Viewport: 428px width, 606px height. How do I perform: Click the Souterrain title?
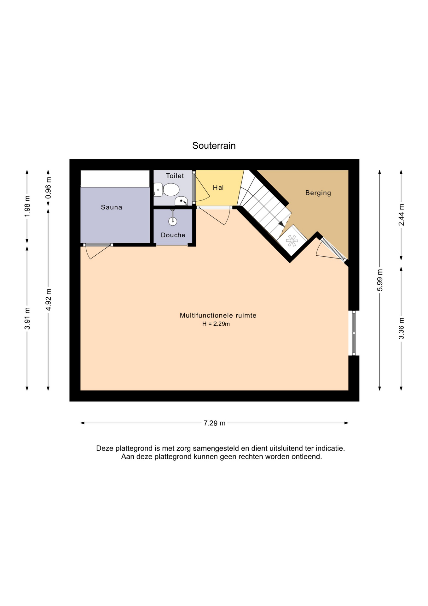[x=214, y=146]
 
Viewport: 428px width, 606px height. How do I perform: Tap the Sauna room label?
[x=112, y=207]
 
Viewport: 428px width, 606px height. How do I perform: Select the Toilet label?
[x=175, y=176]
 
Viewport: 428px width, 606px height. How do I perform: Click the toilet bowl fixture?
[x=167, y=190]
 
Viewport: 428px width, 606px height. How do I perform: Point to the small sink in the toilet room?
[x=182, y=201]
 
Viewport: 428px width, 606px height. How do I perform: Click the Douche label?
[x=173, y=235]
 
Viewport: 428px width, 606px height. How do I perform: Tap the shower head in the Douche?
[x=173, y=221]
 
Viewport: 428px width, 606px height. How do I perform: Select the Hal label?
[x=218, y=187]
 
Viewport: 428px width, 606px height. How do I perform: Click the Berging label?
[x=318, y=193]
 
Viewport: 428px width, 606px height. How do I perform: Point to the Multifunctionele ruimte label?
[x=218, y=315]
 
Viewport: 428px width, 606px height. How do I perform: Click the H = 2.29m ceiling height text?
[x=216, y=324]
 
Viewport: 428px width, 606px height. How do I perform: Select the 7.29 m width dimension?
[x=215, y=423]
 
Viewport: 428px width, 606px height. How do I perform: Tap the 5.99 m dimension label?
[x=380, y=280]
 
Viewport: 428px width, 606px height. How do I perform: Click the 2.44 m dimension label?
[x=402, y=215]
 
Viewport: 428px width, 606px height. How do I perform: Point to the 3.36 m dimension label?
[x=402, y=329]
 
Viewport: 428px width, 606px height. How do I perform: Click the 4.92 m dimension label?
[x=48, y=300]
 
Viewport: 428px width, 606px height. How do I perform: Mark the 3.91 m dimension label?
[x=27, y=318]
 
